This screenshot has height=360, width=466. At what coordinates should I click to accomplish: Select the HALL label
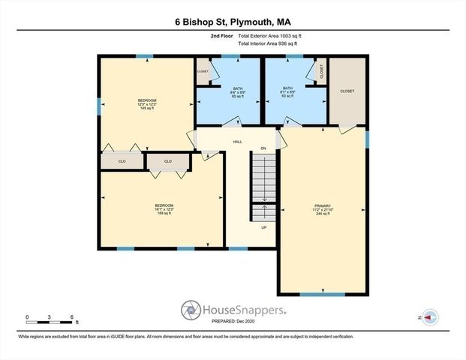click(237, 141)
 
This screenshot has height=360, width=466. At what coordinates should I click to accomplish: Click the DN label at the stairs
click(263, 149)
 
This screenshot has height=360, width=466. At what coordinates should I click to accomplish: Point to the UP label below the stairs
click(263, 227)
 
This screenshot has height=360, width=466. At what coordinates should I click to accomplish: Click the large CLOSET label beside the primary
click(347, 91)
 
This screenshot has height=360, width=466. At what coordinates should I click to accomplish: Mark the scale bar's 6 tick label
click(71, 317)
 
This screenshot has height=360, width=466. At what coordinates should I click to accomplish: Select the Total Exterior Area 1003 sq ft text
click(269, 35)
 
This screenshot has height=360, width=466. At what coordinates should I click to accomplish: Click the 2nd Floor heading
click(221, 35)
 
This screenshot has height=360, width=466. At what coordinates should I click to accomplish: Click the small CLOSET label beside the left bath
click(203, 71)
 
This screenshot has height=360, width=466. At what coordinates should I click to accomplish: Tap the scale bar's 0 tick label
click(27, 317)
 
